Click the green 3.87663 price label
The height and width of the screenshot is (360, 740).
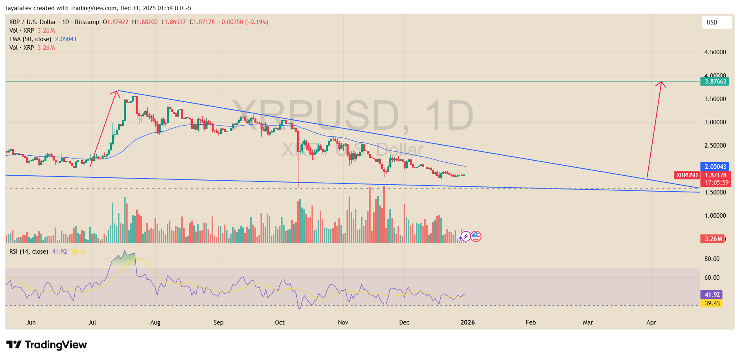716,82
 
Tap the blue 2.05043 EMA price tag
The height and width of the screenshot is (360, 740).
716,167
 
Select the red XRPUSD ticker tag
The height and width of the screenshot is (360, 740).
687,175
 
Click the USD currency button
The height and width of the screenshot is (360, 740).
712,22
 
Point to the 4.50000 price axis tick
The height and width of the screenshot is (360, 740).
715,52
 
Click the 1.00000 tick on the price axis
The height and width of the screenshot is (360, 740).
715,216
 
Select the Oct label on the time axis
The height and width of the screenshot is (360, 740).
280,322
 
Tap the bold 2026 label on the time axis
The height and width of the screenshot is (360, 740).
467,322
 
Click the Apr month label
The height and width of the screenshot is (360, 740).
651,322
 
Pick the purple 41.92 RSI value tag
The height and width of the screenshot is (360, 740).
712,295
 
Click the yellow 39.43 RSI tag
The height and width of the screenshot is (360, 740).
712,303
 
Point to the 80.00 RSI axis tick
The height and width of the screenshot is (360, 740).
712,259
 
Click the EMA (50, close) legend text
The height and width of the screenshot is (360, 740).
30,39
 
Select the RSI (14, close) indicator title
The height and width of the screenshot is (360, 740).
29,252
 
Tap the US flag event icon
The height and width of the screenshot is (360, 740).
476,236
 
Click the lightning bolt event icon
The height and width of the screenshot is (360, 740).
466,236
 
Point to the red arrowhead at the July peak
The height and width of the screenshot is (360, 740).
117,92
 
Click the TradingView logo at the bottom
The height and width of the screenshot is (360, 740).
46,345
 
